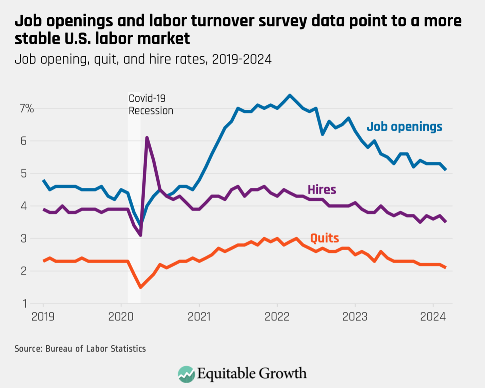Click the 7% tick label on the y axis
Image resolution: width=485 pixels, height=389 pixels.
tap(27, 108)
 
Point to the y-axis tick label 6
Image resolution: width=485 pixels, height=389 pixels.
tap(23, 141)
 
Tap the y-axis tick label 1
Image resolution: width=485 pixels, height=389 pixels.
tap(24, 304)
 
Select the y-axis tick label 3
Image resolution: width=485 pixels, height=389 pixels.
tap(23, 239)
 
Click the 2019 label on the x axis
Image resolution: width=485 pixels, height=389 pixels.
tap(43, 317)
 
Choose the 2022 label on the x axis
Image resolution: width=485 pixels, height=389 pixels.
tap(277, 317)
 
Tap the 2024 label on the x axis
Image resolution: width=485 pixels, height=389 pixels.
tap(433, 317)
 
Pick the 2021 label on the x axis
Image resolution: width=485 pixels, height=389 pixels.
tap(199, 317)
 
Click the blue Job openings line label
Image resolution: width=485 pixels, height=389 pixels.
tap(404, 127)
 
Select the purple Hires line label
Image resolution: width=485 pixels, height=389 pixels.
tap(322, 190)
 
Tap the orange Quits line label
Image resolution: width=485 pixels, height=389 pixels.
tap(324, 238)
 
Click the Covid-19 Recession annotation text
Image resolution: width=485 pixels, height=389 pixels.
tap(151, 104)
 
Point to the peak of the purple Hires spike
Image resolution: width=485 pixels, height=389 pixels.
tap(147, 137)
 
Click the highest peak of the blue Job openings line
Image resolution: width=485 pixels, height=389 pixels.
tap(290, 95)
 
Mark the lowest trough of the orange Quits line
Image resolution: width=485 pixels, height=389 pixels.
tap(140, 287)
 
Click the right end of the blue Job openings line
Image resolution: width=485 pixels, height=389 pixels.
tap(446, 169)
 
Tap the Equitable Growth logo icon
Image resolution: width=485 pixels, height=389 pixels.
tap(186, 374)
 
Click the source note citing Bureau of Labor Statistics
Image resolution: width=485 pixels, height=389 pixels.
tap(80, 349)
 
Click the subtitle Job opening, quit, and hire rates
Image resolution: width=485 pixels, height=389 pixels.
tap(143, 59)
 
